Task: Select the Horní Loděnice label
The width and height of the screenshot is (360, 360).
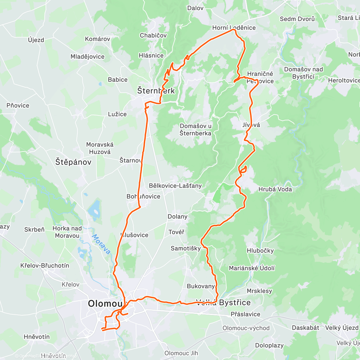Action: (234, 28)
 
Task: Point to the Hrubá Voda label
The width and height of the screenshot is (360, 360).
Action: (275, 189)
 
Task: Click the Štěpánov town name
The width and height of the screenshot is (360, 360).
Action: (73, 162)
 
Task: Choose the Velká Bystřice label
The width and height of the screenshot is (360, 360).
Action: (223, 302)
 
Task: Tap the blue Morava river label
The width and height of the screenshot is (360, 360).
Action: (101, 244)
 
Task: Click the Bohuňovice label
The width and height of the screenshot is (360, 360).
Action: (143, 196)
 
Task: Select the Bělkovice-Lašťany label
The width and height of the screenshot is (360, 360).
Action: (175, 186)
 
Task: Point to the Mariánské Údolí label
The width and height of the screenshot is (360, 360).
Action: (252, 268)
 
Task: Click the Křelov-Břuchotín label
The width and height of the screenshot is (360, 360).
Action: (45, 265)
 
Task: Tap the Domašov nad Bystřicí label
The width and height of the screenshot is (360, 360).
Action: (303, 73)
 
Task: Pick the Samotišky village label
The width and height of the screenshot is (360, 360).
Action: (186, 248)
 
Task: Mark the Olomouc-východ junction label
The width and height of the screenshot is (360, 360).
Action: (246, 328)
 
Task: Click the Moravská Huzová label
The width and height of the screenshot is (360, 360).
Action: (100, 148)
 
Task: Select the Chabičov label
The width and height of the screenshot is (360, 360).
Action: (153, 35)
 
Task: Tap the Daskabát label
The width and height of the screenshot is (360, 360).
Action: (305, 328)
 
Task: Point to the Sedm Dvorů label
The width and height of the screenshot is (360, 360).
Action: (297, 19)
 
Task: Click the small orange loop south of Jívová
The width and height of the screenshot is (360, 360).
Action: (243, 169)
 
